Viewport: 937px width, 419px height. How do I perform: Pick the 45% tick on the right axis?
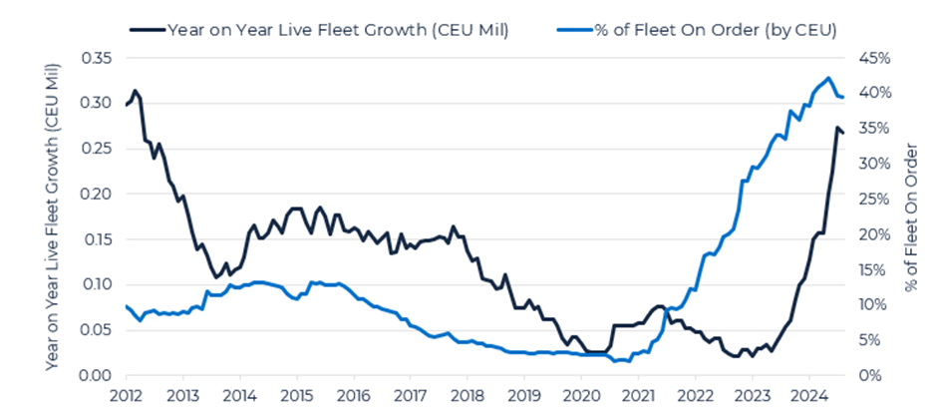(x=874, y=58)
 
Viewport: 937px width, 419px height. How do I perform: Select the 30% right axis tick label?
(x=874, y=164)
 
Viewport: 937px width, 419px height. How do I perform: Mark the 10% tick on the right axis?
(x=874, y=304)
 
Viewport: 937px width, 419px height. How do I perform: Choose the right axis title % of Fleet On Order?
(x=909, y=216)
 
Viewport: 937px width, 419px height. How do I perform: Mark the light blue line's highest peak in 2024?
(x=829, y=78)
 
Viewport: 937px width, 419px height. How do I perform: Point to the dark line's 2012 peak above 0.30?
(x=135, y=91)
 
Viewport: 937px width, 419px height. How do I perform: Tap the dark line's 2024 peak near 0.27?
(x=837, y=128)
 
